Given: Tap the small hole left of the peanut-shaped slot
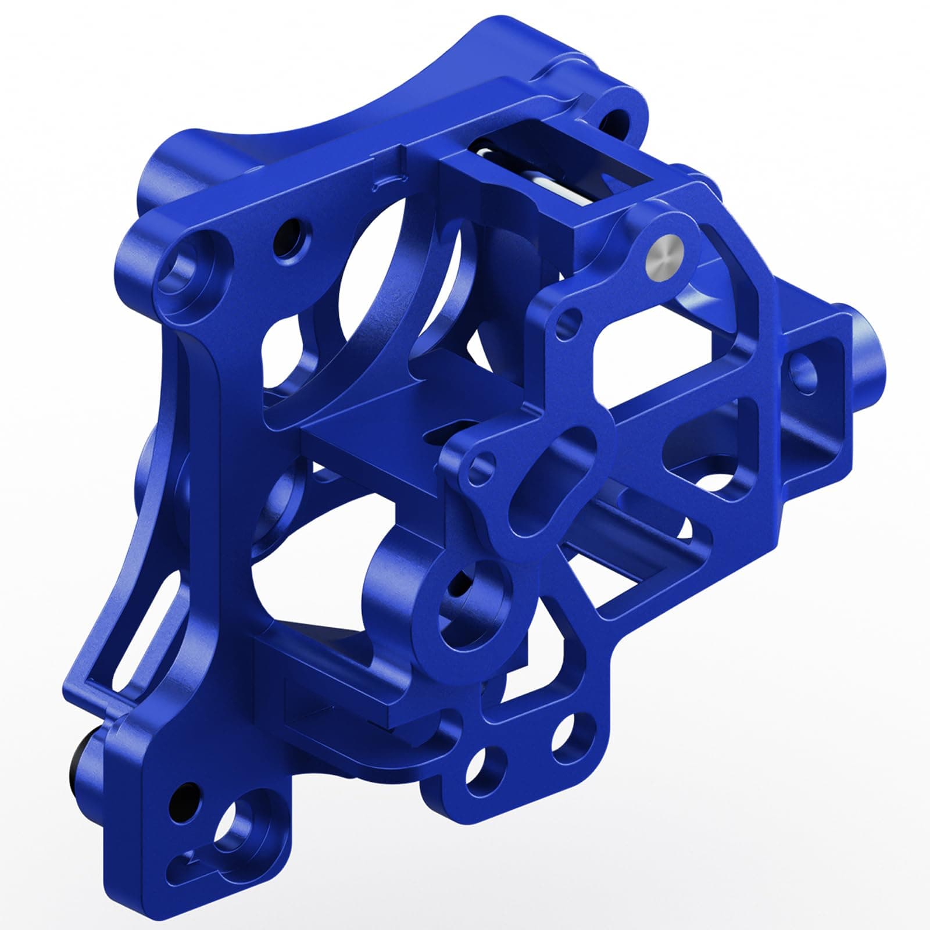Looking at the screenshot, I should (x=478, y=468).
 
